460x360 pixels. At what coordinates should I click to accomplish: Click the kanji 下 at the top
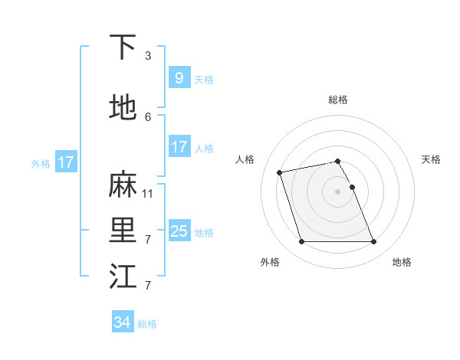123,48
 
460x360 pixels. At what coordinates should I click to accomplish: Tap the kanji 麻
123,185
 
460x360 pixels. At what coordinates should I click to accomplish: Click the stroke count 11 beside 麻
148,194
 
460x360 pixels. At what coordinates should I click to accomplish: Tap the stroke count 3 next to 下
148,56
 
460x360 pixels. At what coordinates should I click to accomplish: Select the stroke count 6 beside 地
148,116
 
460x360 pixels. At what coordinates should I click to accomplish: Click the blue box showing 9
179,78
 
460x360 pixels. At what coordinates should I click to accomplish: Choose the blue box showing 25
179,231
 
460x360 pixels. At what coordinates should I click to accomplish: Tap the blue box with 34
122,322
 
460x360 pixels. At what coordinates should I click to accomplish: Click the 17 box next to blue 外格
65,162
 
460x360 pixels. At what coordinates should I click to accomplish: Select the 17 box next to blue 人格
179,147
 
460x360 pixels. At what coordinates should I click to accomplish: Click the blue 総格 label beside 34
147,324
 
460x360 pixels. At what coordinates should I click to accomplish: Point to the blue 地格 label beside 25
204,233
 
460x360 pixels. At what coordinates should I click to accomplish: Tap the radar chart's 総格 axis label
337,100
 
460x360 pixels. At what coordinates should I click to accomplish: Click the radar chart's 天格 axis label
431,159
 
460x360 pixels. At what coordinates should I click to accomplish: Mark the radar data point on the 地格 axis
373,242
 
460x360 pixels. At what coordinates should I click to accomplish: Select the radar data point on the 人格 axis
280,172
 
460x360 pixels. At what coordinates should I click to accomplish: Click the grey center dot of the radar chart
337,191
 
